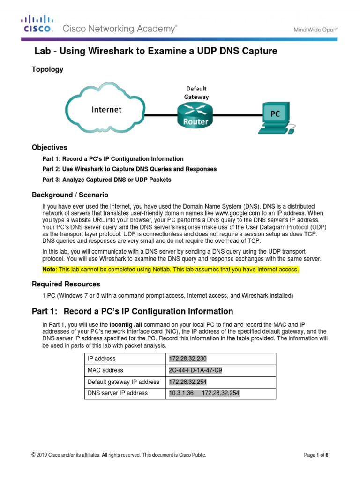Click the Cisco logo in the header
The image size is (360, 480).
37,24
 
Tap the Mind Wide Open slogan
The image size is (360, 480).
316,30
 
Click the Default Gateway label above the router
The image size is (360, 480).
196,92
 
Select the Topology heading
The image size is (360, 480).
47,69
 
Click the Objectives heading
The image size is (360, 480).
49,147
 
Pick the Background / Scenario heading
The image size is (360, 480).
70,195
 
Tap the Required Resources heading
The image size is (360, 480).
66,284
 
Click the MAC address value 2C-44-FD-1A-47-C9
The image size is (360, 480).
195,370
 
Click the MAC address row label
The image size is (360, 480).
105,370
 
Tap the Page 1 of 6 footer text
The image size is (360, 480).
316,455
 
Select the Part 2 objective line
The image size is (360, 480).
129,169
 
